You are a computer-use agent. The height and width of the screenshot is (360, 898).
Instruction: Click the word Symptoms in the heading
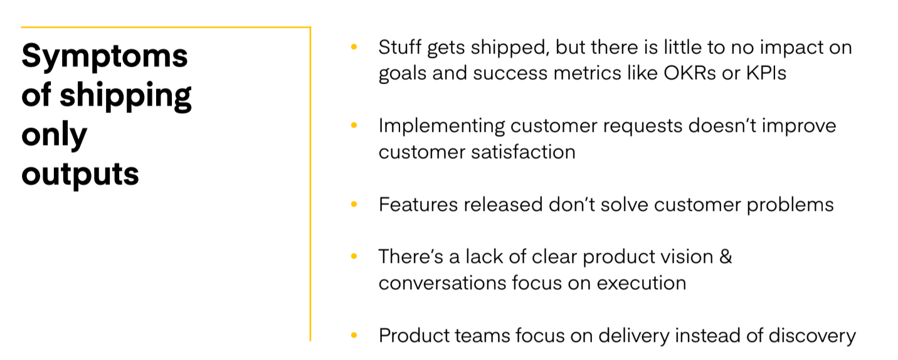(x=105, y=56)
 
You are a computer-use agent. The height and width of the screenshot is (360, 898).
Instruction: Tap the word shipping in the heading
(x=125, y=95)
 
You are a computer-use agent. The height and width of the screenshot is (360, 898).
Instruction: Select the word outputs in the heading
(x=80, y=174)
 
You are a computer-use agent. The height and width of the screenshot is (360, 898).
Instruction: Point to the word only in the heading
(x=54, y=135)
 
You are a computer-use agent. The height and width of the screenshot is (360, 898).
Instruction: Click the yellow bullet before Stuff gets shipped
(x=354, y=47)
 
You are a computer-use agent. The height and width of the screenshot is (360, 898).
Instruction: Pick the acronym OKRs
(x=690, y=73)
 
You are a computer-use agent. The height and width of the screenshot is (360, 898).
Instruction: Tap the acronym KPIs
(x=766, y=73)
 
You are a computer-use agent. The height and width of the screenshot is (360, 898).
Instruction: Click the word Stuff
(x=400, y=47)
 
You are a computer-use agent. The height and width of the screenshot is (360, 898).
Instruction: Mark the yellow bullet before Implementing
(x=354, y=125)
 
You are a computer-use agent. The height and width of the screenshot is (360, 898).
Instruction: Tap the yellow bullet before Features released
(x=354, y=204)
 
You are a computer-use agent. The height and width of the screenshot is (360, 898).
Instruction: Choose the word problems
(x=790, y=205)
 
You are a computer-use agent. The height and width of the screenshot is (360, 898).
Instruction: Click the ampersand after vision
(x=726, y=257)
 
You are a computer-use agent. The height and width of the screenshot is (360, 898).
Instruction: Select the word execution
(x=642, y=283)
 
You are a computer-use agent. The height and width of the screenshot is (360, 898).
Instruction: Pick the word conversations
(x=443, y=283)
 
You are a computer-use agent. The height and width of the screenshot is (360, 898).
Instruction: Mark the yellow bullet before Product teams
(x=354, y=335)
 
